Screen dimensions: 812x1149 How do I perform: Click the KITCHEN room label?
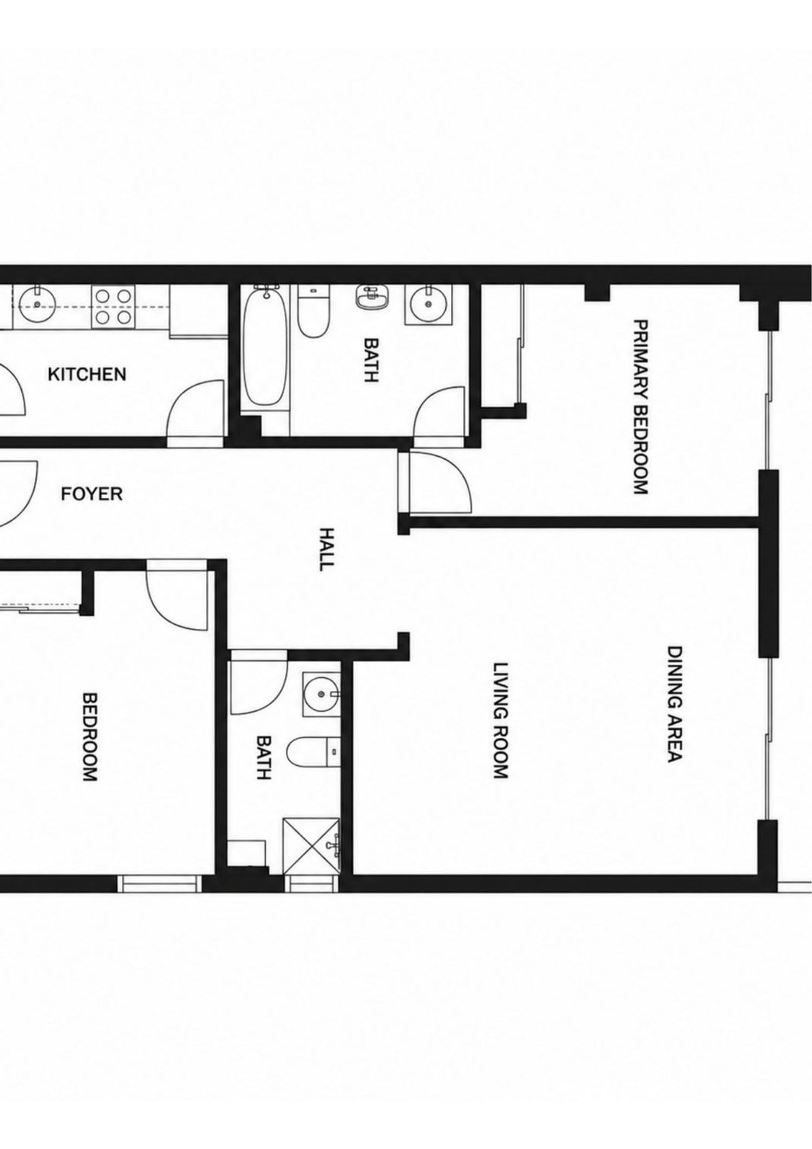click(x=87, y=374)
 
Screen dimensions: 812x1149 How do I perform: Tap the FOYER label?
click(x=91, y=494)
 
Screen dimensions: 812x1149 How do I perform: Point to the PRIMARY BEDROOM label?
click(x=640, y=407)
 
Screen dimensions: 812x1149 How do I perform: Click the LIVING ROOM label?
click(x=501, y=720)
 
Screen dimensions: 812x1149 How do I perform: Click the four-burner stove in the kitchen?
click(x=112, y=307)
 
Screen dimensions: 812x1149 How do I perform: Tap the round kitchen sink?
click(x=36, y=304)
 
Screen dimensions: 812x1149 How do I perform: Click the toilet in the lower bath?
click(x=313, y=752)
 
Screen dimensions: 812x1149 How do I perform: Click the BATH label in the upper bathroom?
click(x=371, y=360)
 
